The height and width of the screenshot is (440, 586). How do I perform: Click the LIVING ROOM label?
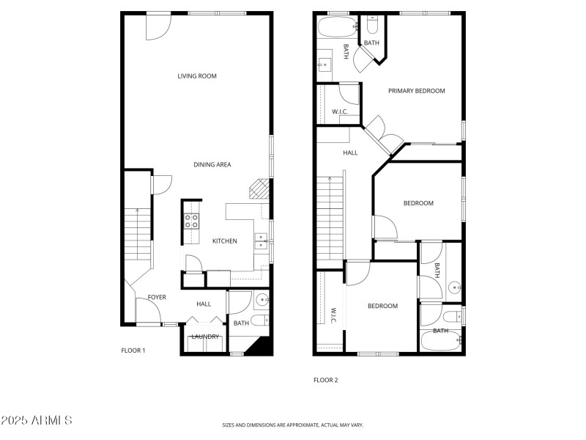pyautogui.click(x=197, y=76)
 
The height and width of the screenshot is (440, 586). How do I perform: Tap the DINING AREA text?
pyautogui.click(x=212, y=165)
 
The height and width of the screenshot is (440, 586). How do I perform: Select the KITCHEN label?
pyautogui.click(x=225, y=241)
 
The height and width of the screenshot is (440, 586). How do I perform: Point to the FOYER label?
pyautogui.click(x=157, y=298)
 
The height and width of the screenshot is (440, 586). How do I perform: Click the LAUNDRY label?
pyautogui.click(x=206, y=337)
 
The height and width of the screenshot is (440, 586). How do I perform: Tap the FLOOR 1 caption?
pyautogui.click(x=133, y=351)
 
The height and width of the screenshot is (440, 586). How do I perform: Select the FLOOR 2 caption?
pyautogui.click(x=326, y=380)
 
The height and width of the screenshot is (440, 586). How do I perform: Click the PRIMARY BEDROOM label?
pyautogui.click(x=417, y=91)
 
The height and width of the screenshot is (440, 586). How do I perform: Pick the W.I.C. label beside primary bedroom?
pyautogui.click(x=339, y=111)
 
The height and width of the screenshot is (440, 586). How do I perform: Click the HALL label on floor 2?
pyautogui.click(x=350, y=153)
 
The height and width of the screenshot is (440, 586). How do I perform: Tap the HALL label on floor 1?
pyautogui.click(x=204, y=304)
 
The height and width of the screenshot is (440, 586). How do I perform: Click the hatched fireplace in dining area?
pyautogui.click(x=256, y=190)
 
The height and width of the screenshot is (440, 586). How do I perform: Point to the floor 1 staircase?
pyautogui.click(x=138, y=235)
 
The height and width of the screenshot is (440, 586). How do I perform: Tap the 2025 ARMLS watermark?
pyautogui.click(x=36, y=421)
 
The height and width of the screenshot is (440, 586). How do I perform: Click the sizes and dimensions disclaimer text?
pyautogui.click(x=293, y=425)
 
